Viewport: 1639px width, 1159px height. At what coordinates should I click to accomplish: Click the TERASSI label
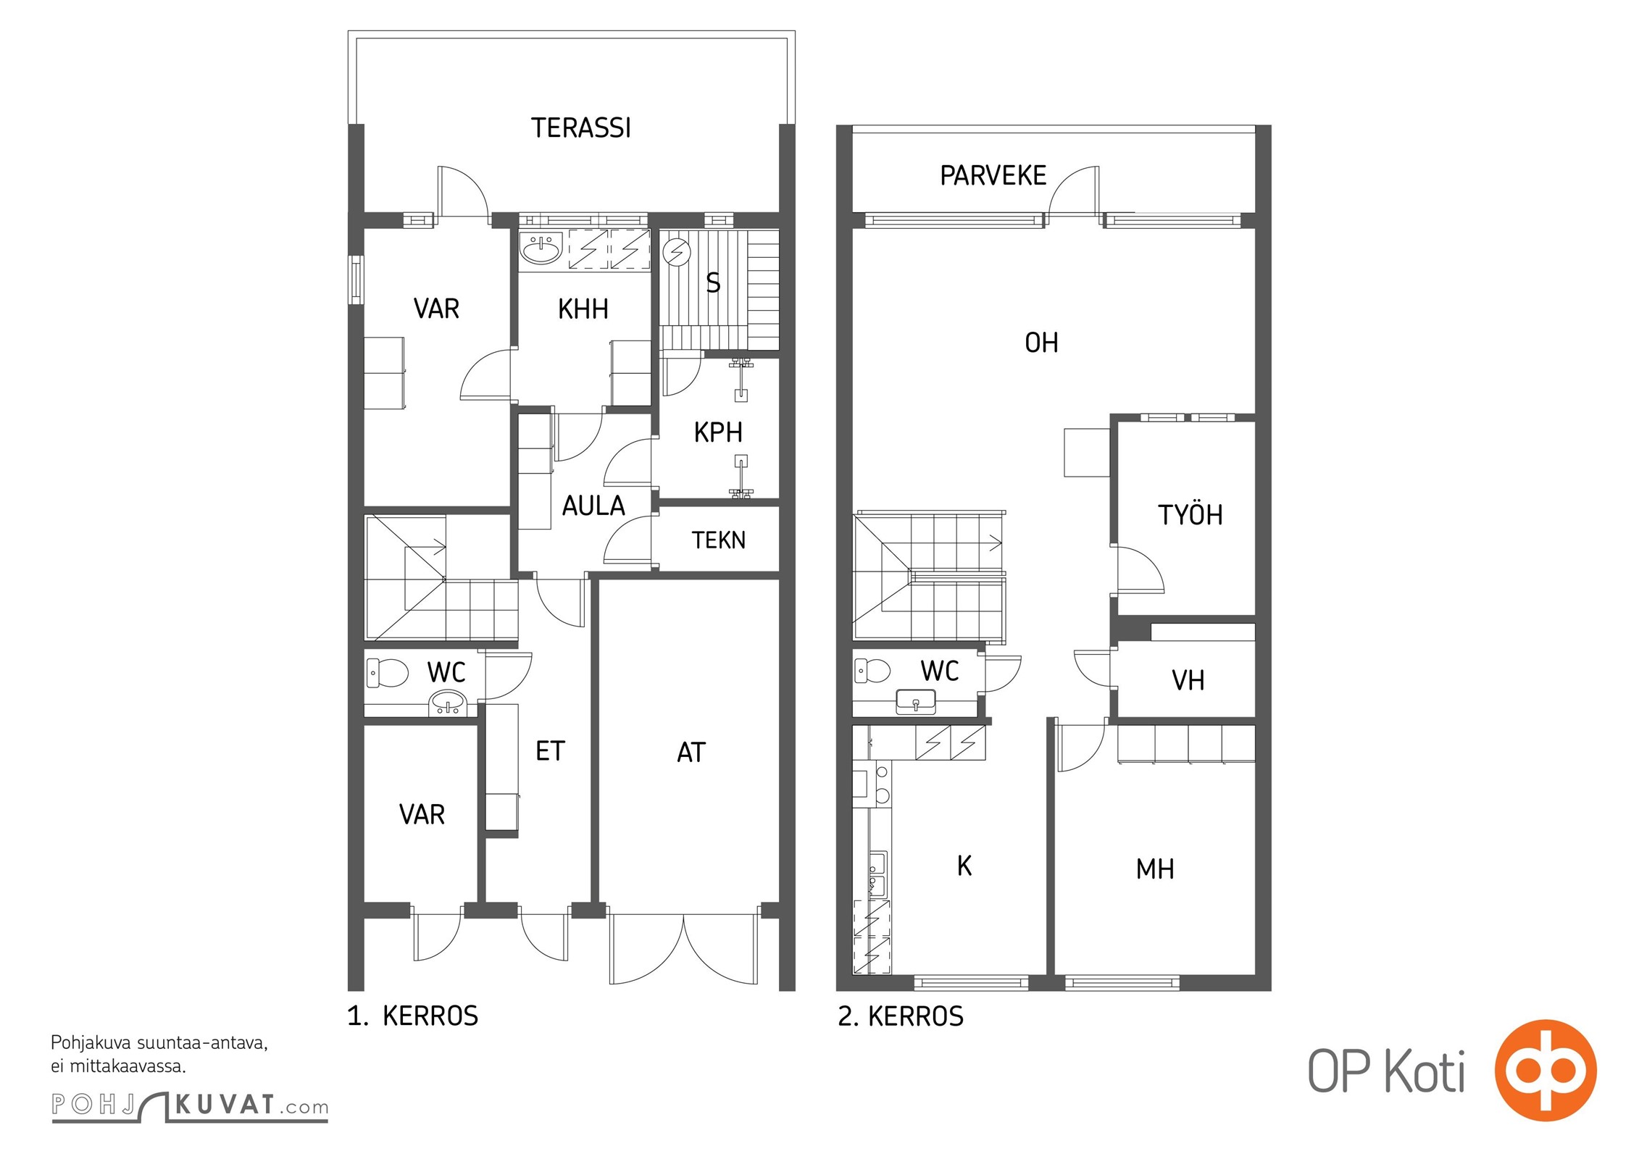click(581, 128)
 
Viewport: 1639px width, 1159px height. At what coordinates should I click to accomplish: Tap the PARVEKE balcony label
click(993, 175)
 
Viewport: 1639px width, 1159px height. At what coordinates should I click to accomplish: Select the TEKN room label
click(718, 540)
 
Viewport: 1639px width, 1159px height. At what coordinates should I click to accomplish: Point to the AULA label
click(593, 506)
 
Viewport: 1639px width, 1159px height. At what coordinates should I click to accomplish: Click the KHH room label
click(583, 309)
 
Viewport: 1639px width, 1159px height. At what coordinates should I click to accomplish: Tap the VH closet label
click(1188, 680)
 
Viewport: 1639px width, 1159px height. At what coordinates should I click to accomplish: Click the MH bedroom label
click(1155, 869)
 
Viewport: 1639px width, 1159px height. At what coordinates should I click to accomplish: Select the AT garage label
click(691, 753)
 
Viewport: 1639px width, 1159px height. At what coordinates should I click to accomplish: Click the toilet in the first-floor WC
click(387, 673)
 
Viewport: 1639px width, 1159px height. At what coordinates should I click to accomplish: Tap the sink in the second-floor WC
click(916, 702)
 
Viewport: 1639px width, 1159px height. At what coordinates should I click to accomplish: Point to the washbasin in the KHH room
click(541, 249)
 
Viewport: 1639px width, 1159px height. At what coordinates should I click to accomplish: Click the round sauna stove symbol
click(677, 253)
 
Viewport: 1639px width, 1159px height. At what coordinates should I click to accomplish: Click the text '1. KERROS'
click(413, 1016)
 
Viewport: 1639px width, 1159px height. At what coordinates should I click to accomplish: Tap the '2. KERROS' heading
click(901, 1016)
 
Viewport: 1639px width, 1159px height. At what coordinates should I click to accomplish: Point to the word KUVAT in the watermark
click(225, 1105)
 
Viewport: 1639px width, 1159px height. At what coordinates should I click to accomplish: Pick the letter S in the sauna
click(713, 283)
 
